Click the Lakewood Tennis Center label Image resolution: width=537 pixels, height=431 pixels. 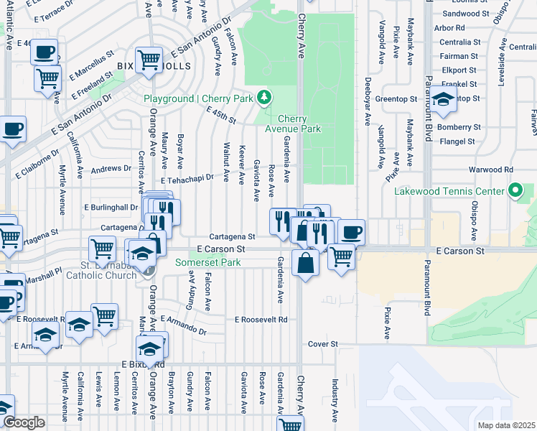pyautogui.click(x=449, y=192)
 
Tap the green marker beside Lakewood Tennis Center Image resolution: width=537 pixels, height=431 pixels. pyautogui.click(x=515, y=191)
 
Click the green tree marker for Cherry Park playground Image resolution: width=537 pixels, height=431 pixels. pyautogui.click(x=265, y=97)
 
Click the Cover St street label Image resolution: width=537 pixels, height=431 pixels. pyautogui.click(x=322, y=345)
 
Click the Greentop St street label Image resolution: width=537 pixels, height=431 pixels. pyautogui.click(x=396, y=99)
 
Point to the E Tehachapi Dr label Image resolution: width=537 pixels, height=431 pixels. pyautogui.click(x=187, y=181)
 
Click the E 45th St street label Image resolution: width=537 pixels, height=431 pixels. pyautogui.click(x=220, y=113)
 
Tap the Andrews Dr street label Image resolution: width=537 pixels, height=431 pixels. pyautogui.click(x=111, y=170)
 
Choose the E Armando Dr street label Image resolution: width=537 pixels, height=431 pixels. pyautogui.click(x=184, y=324)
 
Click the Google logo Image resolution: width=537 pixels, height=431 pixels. pyautogui.click(x=24, y=422)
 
